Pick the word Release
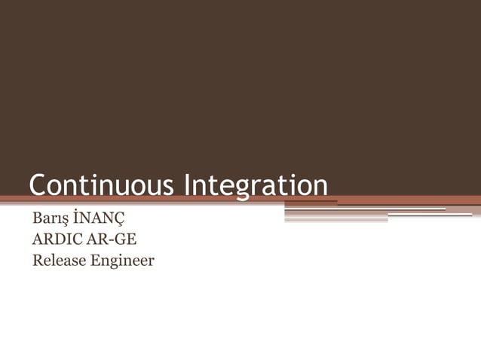click(x=57, y=261)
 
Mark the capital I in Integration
click(x=188, y=186)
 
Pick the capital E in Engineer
click(x=92, y=261)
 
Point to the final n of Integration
click(x=320, y=188)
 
